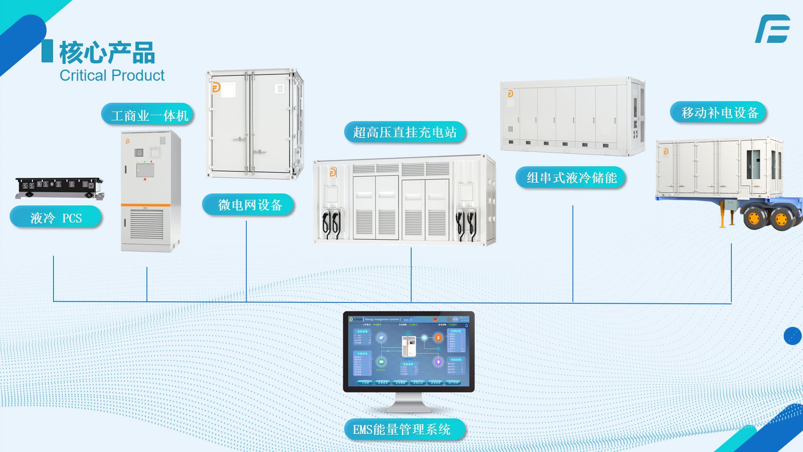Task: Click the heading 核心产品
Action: [107, 53]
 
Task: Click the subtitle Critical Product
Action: [112, 76]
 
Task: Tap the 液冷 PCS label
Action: [56, 218]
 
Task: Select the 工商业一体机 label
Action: [149, 116]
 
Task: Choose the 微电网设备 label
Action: [249, 205]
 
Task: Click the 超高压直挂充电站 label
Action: [404, 132]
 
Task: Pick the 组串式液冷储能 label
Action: [571, 177]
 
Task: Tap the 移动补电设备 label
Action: [719, 113]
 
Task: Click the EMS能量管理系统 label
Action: [401, 429]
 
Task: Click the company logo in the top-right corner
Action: [773, 29]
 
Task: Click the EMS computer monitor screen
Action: [409, 351]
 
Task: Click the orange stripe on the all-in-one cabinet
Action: [146, 205]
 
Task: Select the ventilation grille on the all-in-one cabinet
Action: [146, 224]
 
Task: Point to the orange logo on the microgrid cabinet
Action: [216, 87]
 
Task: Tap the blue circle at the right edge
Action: [792, 336]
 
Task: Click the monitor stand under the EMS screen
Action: [409, 404]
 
